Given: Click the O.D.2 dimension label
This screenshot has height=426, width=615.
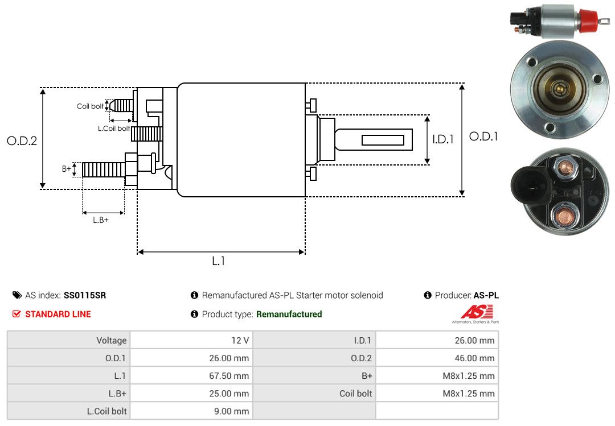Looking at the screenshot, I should point(22,140).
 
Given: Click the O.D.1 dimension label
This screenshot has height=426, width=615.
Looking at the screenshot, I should point(483,137).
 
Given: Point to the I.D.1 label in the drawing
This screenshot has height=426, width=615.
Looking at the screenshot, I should point(443,139).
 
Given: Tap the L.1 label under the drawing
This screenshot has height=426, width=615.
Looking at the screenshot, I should point(219,261).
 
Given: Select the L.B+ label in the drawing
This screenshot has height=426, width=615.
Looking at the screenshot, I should point(101,220).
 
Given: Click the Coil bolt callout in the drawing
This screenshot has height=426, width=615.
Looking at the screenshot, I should point(90,106).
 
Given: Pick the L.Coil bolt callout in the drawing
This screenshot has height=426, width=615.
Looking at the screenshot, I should point(114,129).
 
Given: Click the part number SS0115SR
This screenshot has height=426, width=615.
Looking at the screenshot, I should point(85,295).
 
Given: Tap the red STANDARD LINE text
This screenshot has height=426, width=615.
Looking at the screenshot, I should point(58,314).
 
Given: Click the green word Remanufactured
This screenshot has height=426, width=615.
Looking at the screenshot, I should point(289,314).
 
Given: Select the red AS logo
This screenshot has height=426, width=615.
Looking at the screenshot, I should point(477,312).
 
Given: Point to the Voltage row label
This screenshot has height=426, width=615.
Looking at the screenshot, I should point(111,341).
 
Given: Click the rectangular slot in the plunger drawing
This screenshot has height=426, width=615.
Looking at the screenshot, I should point(383,140).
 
